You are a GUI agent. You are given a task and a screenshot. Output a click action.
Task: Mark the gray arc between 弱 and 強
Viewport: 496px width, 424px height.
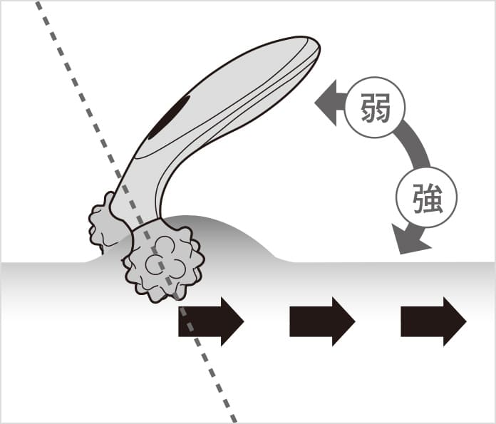pos(417,150)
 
